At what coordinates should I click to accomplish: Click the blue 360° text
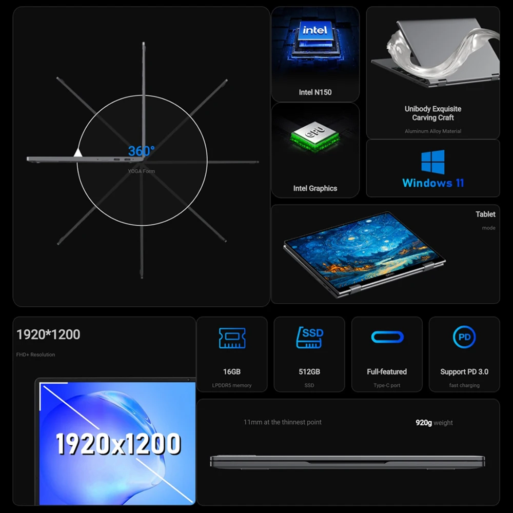click(x=142, y=151)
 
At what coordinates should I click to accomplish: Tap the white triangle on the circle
click(x=78, y=152)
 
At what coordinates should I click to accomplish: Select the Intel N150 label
click(x=315, y=92)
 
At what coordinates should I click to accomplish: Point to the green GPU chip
click(x=315, y=137)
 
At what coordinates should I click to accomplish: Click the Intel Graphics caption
click(x=315, y=188)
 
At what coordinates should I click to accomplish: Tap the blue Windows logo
click(x=433, y=162)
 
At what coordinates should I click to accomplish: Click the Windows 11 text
click(x=433, y=183)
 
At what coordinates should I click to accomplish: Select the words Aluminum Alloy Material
click(x=433, y=131)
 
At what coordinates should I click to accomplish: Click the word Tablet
click(x=485, y=214)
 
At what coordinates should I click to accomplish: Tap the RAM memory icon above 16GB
click(x=232, y=338)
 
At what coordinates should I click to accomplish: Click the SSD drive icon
click(x=309, y=338)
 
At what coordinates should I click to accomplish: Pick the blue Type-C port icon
click(x=387, y=337)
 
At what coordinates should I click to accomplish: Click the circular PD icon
click(x=464, y=337)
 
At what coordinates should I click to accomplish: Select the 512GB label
click(x=309, y=371)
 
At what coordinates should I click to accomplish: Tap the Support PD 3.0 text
click(x=464, y=371)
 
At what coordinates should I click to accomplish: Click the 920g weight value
click(x=424, y=423)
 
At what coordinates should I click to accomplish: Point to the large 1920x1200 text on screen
click(x=118, y=444)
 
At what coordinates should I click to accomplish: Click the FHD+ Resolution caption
click(x=35, y=354)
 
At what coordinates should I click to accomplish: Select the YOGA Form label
click(x=142, y=171)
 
